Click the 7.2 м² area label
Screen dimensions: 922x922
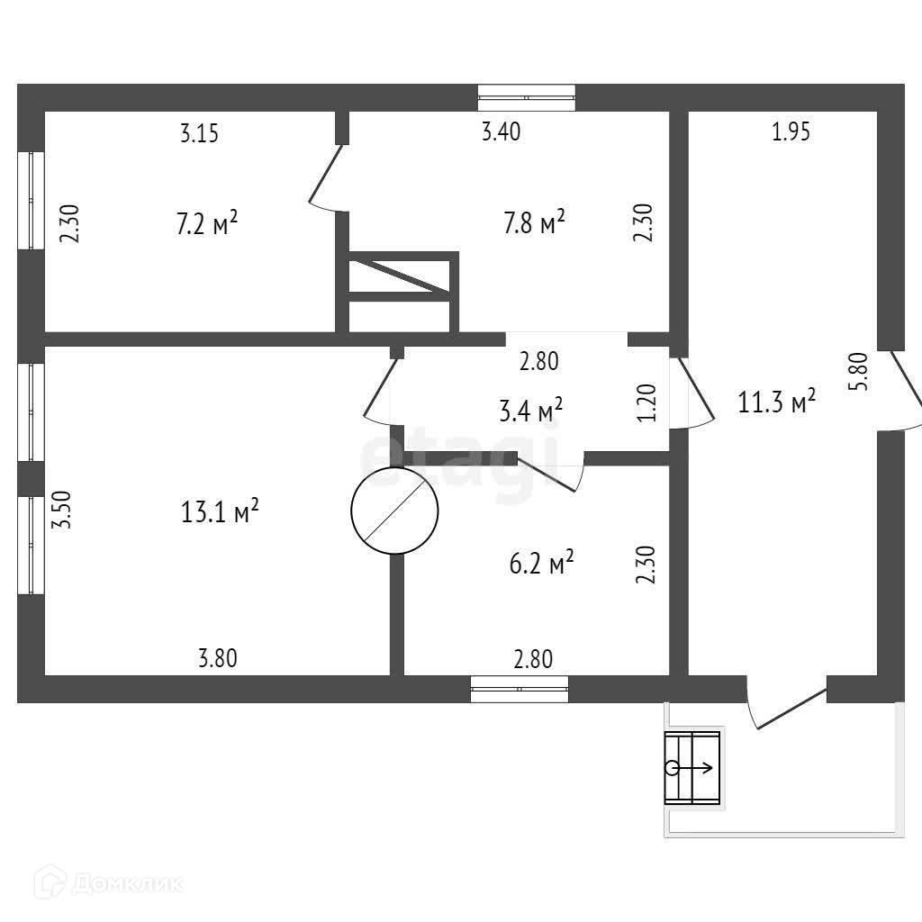[207, 222]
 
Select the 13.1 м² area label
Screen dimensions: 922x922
[220, 512]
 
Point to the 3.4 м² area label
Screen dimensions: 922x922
[530, 411]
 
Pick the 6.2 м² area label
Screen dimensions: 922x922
[542, 565]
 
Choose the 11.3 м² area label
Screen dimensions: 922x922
[777, 402]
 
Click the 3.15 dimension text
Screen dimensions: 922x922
[200, 135]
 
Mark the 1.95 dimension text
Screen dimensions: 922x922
[791, 133]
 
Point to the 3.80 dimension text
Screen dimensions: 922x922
[217, 659]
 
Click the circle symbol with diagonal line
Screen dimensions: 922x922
[394, 511]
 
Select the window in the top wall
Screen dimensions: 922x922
[527, 96]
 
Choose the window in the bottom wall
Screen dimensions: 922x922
[520, 689]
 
